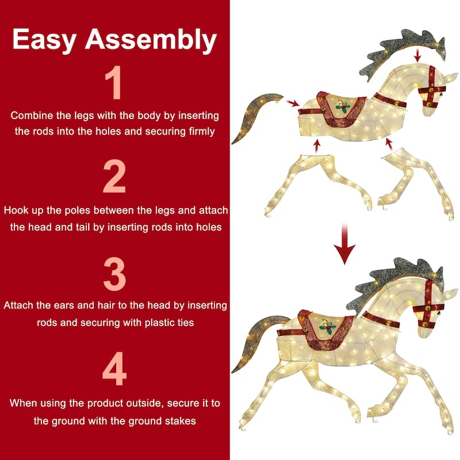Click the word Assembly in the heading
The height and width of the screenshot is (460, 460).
coord(151,39)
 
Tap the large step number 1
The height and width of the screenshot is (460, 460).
coord(114,82)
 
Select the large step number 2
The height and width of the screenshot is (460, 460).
coord(114,176)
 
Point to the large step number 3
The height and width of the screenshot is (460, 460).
coord(114,274)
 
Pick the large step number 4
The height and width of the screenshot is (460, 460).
coord(114,369)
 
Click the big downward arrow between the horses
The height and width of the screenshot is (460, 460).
coord(344,243)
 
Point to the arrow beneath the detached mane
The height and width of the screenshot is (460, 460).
coord(418,55)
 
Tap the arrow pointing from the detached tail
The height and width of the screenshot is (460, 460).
coord(293,103)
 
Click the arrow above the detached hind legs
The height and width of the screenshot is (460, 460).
coord(316,146)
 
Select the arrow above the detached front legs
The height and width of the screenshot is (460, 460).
coord(389,144)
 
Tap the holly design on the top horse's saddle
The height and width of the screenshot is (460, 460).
coord(342,106)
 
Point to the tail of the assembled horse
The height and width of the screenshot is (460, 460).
coord(252,340)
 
